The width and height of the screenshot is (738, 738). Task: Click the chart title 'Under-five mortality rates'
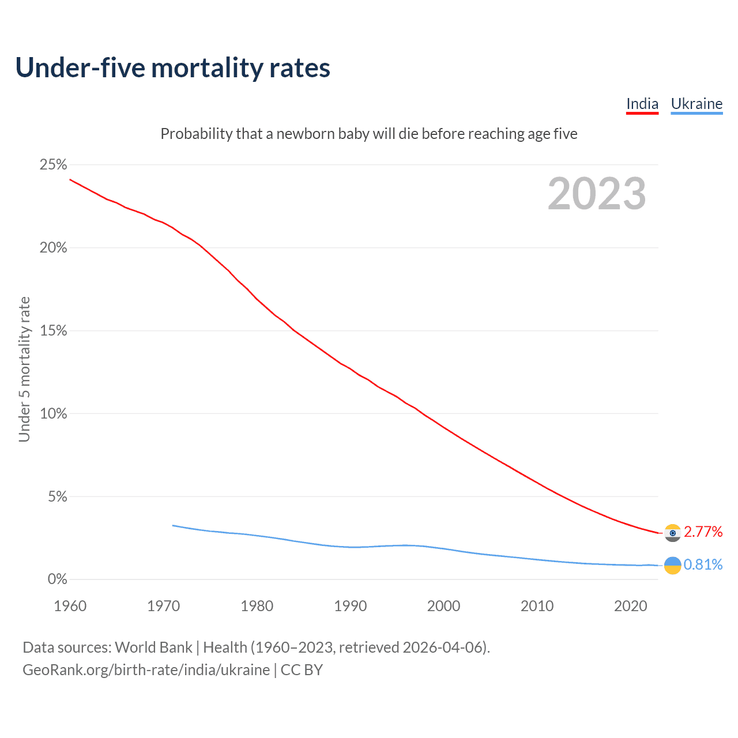click(x=172, y=67)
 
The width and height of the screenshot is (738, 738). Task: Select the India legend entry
click(x=642, y=104)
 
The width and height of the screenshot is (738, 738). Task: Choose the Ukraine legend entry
click(x=696, y=104)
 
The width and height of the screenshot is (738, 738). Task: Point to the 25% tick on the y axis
click(x=53, y=165)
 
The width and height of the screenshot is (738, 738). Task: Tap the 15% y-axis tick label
click(x=53, y=331)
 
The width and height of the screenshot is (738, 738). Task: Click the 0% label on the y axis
click(x=57, y=579)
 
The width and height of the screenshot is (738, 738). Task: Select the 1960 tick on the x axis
click(x=70, y=606)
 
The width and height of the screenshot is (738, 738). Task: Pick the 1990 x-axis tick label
click(x=350, y=606)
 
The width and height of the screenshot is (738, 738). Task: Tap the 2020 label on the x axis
click(x=630, y=606)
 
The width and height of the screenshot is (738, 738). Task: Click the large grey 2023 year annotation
click(x=597, y=194)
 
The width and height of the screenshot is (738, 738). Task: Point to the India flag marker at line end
click(x=672, y=533)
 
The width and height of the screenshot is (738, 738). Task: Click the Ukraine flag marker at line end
click(x=672, y=566)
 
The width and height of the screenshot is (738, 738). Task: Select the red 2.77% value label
click(x=703, y=532)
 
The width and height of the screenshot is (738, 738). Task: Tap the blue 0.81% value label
click(x=703, y=564)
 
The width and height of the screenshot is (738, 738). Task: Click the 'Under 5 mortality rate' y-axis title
click(x=24, y=369)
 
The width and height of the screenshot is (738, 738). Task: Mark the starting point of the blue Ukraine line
click(x=173, y=525)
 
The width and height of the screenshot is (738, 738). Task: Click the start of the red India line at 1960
click(x=70, y=179)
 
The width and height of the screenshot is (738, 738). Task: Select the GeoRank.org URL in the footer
click(x=146, y=670)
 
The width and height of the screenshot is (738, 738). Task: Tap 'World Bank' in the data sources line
click(x=153, y=647)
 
